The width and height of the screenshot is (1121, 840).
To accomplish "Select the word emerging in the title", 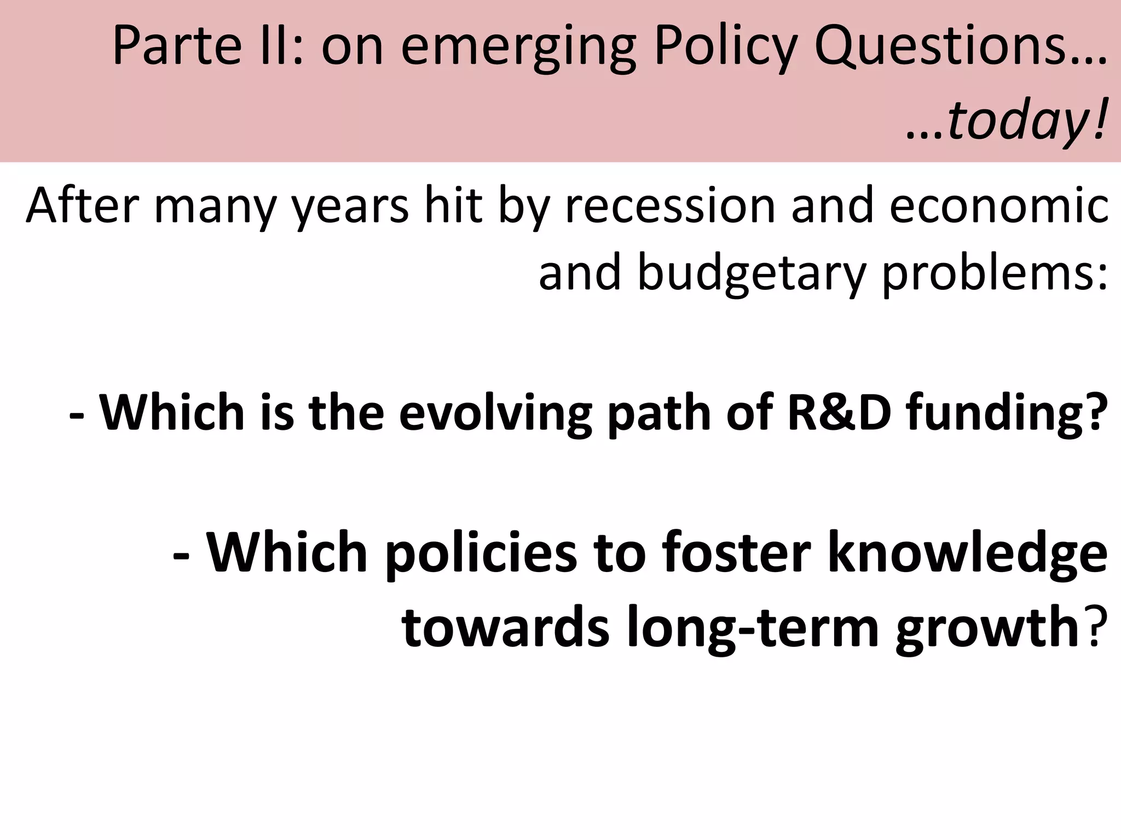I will (518, 49).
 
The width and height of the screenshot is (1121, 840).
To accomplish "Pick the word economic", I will (998, 206).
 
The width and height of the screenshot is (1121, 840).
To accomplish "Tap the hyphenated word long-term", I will (752, 629).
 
